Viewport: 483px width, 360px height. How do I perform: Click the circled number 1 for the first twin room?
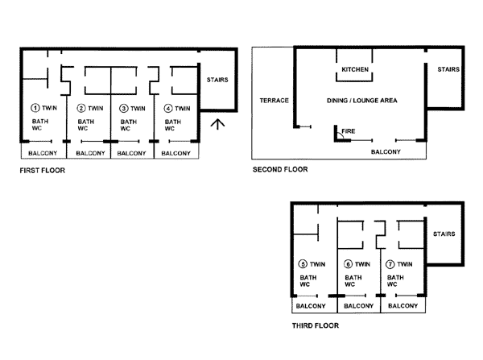35,108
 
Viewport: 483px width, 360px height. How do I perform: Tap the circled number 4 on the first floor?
168,109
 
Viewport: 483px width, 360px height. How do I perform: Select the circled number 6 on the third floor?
348,264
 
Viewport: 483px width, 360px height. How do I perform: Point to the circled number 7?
390,264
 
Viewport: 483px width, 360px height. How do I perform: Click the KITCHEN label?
355,69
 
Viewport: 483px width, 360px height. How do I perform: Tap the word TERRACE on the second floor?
275,101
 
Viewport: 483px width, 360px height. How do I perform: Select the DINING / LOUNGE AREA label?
362,101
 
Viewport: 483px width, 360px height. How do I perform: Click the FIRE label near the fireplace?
349,131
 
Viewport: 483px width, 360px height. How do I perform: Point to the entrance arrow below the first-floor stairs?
217,124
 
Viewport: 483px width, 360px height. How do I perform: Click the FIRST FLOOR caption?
42,171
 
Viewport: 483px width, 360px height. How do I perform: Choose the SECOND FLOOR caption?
280,169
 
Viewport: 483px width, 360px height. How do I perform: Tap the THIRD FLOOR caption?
316,325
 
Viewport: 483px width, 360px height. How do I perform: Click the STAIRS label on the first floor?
217,80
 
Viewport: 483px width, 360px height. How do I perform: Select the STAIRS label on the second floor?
448,69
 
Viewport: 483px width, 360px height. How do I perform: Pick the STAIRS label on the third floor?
444,234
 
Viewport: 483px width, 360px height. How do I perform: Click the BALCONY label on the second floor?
386,151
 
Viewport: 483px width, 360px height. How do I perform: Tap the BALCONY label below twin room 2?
90,153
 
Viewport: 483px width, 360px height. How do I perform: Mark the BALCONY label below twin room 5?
311,306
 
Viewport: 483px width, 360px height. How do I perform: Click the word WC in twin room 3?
125,129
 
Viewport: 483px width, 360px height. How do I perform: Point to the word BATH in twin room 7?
395,277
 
